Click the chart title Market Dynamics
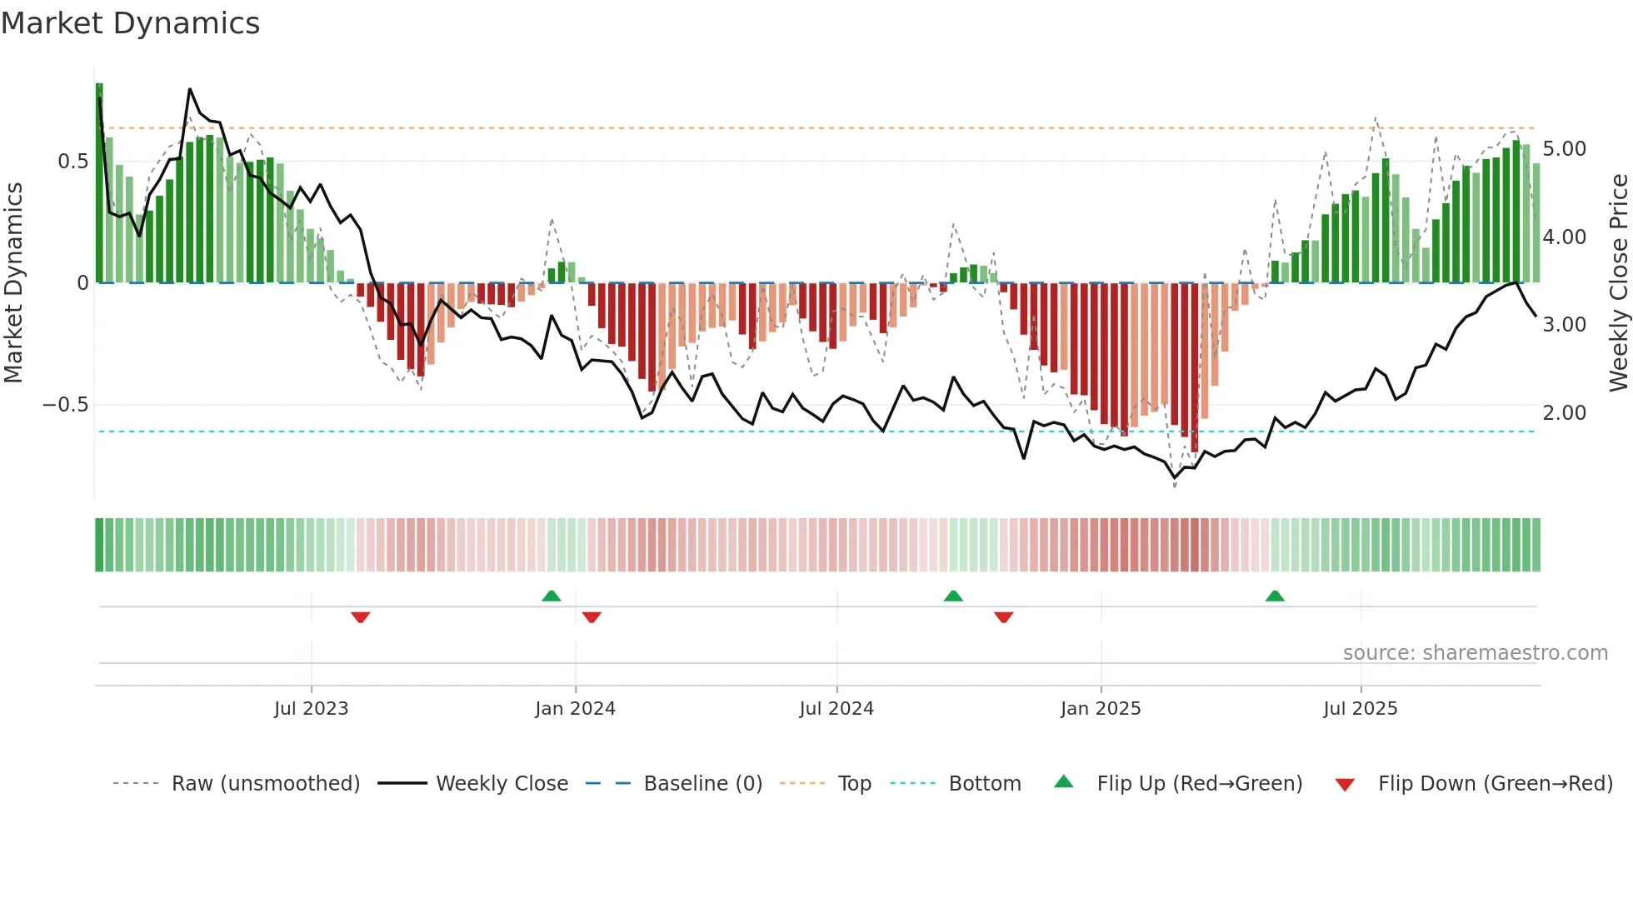tap(131, 23)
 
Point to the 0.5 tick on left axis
tap(72, 162)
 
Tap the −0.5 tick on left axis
tap(65, 405)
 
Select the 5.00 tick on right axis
tap(1564, 149)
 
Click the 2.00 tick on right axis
tap(1564, 412)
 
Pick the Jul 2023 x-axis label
tap(311, 709)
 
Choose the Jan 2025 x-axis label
tap(1100, 709)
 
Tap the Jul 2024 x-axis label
tap(836, 709)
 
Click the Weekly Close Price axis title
tap(1618, 283)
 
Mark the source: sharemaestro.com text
tap(1475, 653)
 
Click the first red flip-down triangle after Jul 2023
tap(360, 617)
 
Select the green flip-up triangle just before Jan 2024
tap(551, 596)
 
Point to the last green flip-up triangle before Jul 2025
tap(1275, 596)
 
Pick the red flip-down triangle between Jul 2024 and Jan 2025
tap(1003, 617)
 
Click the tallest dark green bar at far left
tap(99, 183)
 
